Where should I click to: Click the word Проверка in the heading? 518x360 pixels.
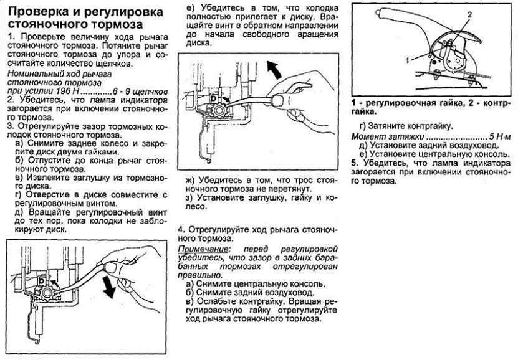tap(40, 12)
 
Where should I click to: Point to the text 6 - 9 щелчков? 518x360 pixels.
tap(141, 90)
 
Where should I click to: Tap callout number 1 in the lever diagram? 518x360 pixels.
tap(406, 60)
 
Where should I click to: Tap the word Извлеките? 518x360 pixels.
tap(42, 177)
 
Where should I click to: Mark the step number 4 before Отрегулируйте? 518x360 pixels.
tap(181, 228)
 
